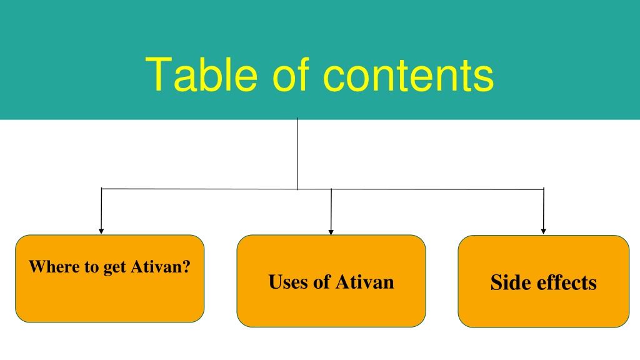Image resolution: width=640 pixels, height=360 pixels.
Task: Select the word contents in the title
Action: point(408,76)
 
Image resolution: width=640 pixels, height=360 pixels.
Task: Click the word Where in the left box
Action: point(55,266)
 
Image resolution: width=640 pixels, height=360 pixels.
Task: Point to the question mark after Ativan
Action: point(186,266)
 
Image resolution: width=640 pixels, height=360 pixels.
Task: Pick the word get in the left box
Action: point(115,267)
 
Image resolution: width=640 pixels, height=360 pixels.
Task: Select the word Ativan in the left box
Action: point(156,266)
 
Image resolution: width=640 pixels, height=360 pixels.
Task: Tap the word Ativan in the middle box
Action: point(365,282)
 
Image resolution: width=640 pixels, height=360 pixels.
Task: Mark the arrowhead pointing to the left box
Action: point(101,231)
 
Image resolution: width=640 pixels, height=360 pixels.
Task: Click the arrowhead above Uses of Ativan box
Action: point(331,232)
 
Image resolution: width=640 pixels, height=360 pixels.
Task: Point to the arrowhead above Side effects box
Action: point(543,231)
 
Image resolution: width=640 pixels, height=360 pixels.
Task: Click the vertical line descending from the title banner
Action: point(297,154)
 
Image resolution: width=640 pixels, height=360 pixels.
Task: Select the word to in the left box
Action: point(92,267)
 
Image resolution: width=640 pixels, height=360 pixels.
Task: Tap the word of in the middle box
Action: point(322,282)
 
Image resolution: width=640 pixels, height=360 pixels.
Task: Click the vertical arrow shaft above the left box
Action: point(101,209)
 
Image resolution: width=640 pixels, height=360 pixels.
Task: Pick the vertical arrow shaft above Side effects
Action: point(544,209)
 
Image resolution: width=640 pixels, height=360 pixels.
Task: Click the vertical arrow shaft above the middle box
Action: point(331,209)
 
